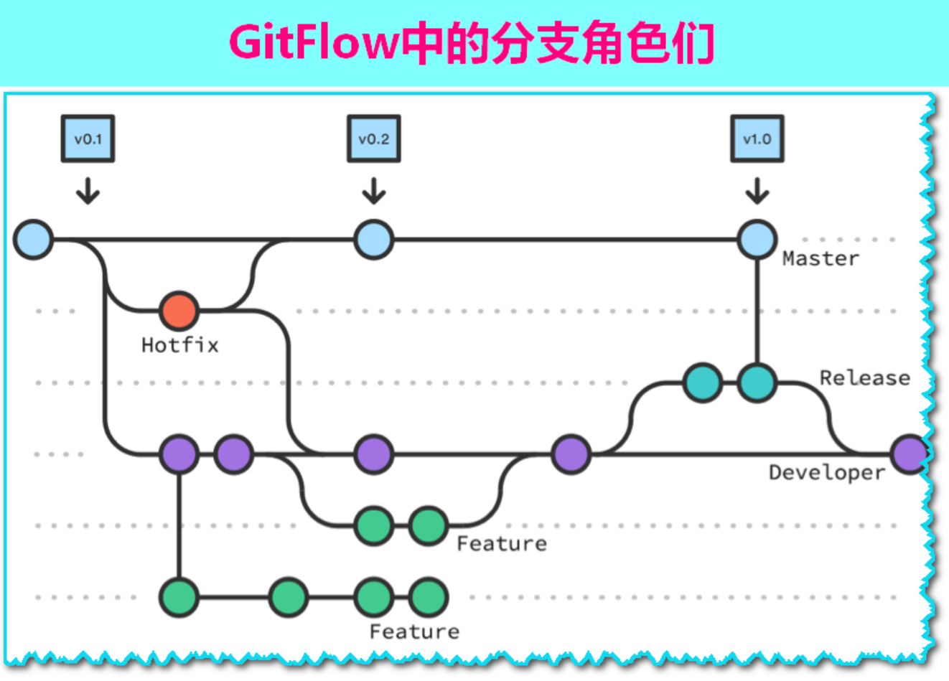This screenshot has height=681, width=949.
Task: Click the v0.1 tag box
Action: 88,138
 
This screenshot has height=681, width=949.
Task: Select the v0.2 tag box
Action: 373,138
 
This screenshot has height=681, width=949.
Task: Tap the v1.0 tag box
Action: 757,138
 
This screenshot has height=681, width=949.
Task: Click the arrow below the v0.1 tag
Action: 88,191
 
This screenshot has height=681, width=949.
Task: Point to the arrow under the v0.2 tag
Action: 373,191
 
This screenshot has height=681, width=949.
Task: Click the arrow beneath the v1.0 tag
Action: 757,191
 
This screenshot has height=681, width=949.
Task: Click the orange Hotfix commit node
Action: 179,311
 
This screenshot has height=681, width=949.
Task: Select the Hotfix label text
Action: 179,345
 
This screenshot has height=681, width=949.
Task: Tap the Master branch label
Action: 821,258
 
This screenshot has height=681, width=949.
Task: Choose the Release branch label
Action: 864,377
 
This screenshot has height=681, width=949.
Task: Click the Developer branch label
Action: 826,472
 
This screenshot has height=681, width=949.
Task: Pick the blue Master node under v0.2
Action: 373,239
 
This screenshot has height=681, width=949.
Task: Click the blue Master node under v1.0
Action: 757,239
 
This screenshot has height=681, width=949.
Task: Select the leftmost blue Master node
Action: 34,239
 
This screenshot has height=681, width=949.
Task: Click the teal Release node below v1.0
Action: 757,382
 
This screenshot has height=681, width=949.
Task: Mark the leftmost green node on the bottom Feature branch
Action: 179,597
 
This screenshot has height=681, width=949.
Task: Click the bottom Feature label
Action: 414,631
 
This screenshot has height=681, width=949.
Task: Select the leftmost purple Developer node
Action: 179,454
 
